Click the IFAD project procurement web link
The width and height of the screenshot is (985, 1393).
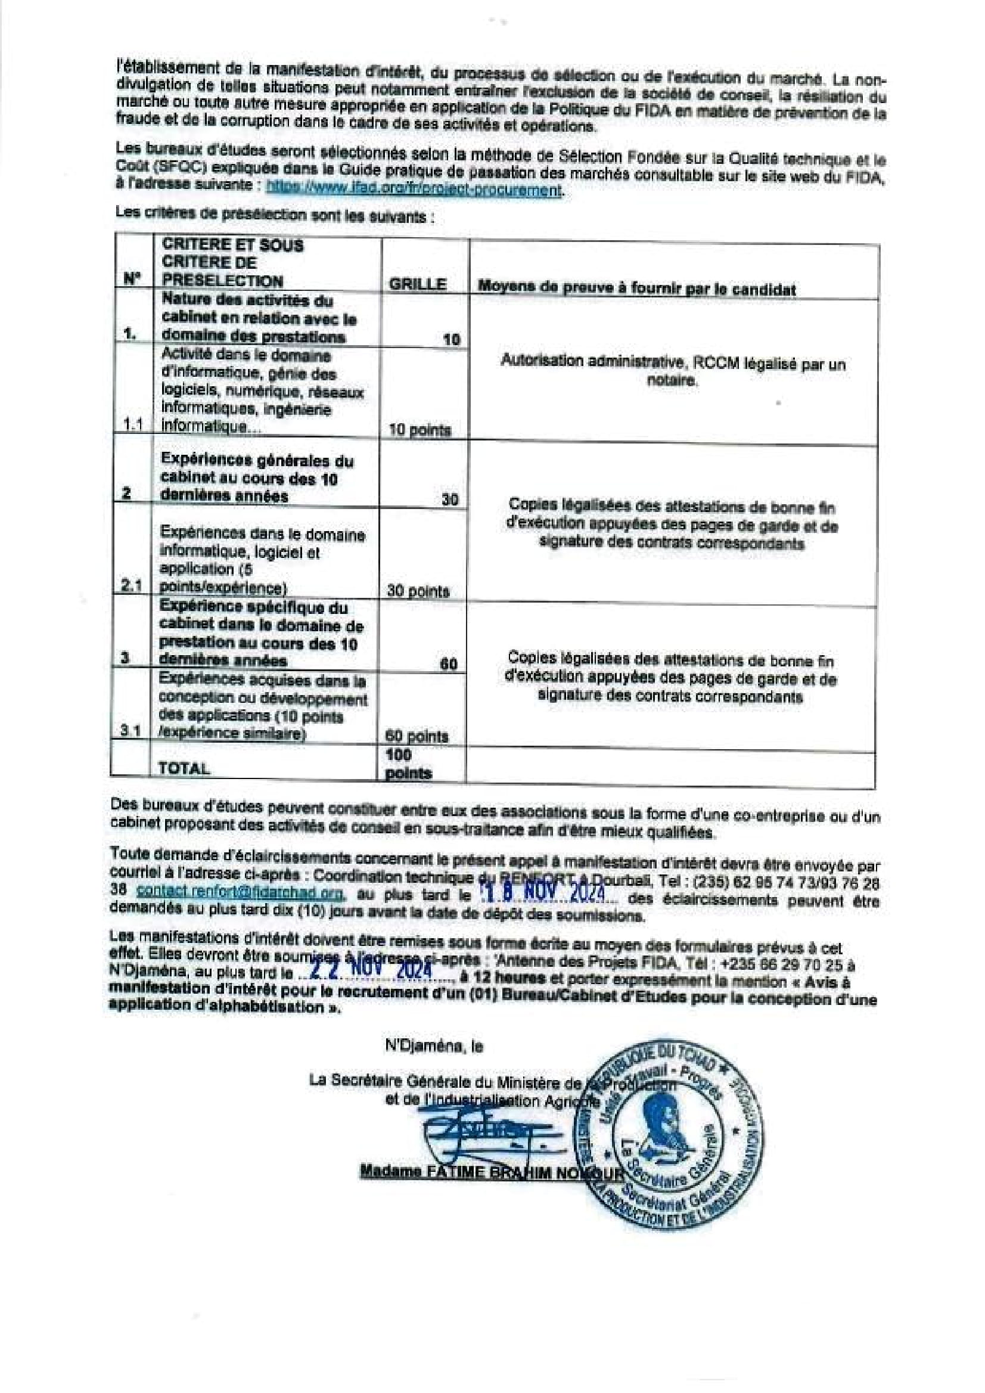pyautogui.click(x=414, y=190)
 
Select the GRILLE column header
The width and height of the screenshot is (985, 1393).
pyautogui.click(x=417, y=284)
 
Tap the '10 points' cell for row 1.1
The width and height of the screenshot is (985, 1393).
pyautogui.click(x=419, y=430)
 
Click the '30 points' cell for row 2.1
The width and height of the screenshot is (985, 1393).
pyautogui.click(x=418, y=591)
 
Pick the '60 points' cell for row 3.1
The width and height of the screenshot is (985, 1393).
pyautogui.click(x=417, y=736)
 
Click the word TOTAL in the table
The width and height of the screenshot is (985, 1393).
pyautogui.click(x=184, y=768)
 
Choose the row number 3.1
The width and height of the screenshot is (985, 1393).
pyautogui.click(x=130, y=732)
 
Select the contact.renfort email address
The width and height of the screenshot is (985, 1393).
pyautogui.click(x=241, y=891)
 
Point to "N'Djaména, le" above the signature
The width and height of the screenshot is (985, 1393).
pyautogui.click(x=434, y=1047)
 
